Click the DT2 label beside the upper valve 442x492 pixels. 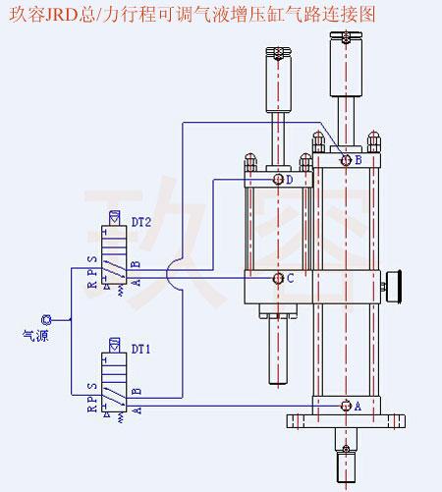[141, 222]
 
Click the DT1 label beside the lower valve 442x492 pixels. [140, 350]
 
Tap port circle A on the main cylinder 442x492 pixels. [346, 406]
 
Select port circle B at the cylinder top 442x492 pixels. [346, 160]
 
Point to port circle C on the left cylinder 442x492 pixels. [278, 279]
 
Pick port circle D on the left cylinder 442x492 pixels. [278, 179]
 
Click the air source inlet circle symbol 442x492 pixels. [46, 319]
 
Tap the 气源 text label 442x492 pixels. [35, 335]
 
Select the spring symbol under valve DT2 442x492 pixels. [121, 290]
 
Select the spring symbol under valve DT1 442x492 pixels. [121, 417]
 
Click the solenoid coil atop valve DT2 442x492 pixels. [114, 218]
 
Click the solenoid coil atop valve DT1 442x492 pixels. [114, 345]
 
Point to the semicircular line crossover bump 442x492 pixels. [168, 274]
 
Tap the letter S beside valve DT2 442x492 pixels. [92, 259]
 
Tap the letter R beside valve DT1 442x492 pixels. [92, 410]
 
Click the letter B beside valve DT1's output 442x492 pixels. [137, 391]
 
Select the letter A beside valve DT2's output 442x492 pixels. [137, 282]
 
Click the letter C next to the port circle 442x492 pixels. [291, 279]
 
